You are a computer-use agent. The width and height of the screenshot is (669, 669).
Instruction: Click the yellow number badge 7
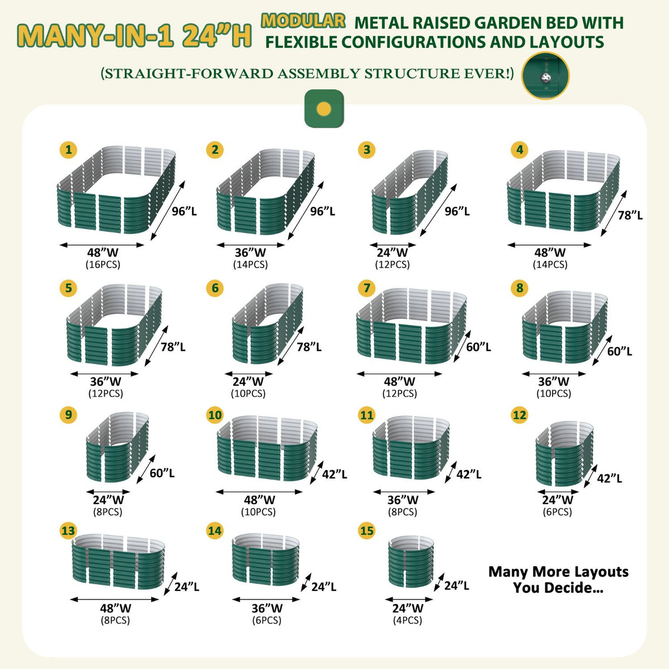pos(367,288)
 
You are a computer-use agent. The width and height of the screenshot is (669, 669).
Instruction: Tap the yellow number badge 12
pos(520,415)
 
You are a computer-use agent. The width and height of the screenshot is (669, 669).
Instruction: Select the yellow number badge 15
pos(367,531)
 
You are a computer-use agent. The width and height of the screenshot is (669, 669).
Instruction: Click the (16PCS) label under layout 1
pos(103,265)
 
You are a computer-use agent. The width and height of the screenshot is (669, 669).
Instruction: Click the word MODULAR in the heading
pos(303,21)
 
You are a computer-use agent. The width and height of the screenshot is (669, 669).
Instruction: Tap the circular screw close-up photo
pos(545,75)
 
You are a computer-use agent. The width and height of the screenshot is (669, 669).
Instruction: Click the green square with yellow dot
pos(324,109)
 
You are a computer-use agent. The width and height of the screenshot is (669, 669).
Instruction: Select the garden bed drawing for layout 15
pos(411,561)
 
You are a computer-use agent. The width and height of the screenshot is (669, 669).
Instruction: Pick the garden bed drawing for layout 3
pos(410,192)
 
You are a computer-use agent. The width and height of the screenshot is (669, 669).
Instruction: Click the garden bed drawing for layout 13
pos(118,561)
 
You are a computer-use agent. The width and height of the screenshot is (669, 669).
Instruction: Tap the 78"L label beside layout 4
pos(630,215)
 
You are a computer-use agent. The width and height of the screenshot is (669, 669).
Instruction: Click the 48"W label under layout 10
pos(259,500)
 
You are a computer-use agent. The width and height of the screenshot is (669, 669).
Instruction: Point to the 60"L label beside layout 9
pos(162,473)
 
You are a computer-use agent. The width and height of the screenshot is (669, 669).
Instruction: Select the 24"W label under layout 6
pos(248,381)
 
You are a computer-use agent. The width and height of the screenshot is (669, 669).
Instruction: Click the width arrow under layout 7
pos(399,374)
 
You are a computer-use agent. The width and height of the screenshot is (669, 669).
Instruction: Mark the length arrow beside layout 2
pos(306,210)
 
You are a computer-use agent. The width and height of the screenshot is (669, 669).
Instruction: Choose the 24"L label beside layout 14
pos(323,586)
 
